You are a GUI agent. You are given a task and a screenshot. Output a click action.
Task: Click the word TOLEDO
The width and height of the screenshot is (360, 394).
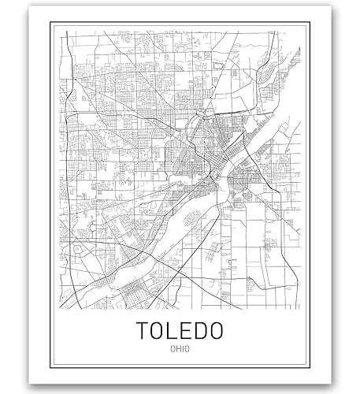tap(179, 329)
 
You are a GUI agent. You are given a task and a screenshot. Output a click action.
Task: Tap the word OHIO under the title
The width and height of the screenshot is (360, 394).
tap(179, 349)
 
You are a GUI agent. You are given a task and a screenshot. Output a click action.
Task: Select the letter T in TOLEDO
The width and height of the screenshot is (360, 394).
tap(143, 329)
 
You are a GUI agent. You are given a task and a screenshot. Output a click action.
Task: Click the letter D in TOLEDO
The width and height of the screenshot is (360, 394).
tap(199, 329)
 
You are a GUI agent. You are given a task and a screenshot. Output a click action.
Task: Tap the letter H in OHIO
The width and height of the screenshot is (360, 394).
tap(176, 349)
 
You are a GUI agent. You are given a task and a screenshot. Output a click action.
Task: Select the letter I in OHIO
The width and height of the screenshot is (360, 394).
tap(181, 349)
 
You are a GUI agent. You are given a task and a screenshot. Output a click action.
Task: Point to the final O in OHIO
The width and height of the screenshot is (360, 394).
tap(187, 349)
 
